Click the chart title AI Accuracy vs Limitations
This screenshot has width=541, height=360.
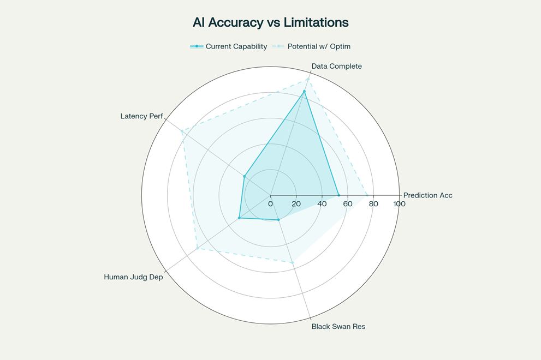point(270,22)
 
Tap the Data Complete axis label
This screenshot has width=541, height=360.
point(336,66)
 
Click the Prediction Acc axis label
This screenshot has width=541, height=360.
point(427,195)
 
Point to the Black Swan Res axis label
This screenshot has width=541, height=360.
point(338,327)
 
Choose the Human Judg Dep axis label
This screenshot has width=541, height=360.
point(133,277)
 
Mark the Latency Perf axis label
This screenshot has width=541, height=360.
point(141,116)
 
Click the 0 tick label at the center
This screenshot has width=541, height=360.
point(271,204)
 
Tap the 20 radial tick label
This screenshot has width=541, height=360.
point(296,204)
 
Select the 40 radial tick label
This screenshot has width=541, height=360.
point(322,204)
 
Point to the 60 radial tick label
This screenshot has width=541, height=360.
point(348,204)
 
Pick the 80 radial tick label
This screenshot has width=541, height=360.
point(373,204)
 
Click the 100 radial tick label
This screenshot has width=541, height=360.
point(399,204)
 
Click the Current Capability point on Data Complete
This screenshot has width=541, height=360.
point(304,92)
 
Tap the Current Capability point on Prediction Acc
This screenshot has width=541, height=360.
point(338,195)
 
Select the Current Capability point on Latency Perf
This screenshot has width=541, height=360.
point(245,176)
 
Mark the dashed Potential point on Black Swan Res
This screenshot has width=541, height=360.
point(292,262)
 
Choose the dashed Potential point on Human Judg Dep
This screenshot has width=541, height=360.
point(198,249)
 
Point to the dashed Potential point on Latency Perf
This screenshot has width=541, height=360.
point(182,130)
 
